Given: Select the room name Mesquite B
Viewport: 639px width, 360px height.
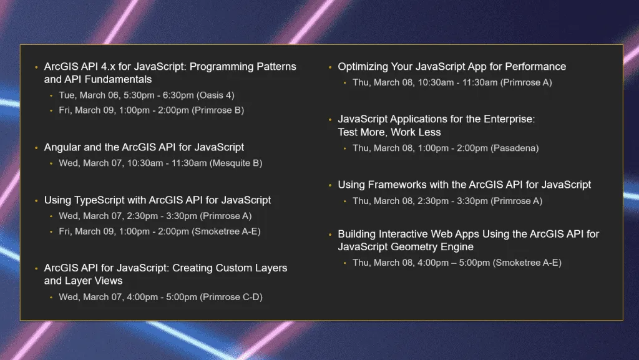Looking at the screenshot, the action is tap(236, 163).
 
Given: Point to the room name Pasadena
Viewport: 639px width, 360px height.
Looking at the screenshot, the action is tap(514, 148).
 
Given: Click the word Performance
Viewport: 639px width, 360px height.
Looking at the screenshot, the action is tap(535, 67).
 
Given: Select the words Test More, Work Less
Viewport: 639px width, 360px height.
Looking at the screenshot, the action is tap(389, 132).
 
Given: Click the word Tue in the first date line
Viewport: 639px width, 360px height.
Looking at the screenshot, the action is tap(66, 95).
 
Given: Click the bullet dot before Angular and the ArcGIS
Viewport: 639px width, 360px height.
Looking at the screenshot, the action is tap(36, 148).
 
